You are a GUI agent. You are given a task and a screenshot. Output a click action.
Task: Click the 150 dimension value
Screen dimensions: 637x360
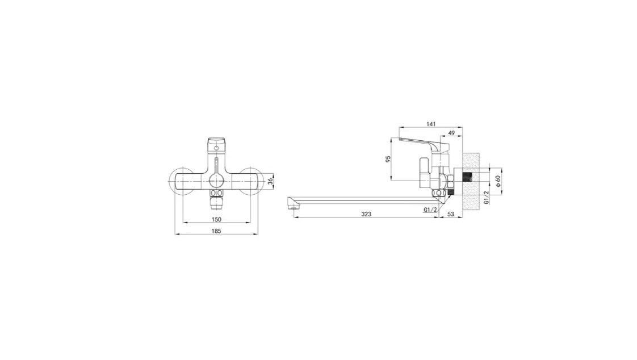216,219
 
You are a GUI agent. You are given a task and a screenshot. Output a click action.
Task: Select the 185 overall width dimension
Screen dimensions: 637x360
216,231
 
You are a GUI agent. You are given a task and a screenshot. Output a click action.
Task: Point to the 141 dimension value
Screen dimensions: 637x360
431,124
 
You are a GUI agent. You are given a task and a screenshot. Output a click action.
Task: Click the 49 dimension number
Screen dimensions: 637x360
451,133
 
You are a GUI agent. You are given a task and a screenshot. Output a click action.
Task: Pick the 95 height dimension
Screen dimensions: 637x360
388,159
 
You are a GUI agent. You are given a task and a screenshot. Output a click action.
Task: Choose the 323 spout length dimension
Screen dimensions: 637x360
366,214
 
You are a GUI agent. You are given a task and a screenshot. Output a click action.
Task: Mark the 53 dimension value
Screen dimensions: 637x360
451,214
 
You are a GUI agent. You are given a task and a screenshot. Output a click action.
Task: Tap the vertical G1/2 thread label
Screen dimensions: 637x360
487,198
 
